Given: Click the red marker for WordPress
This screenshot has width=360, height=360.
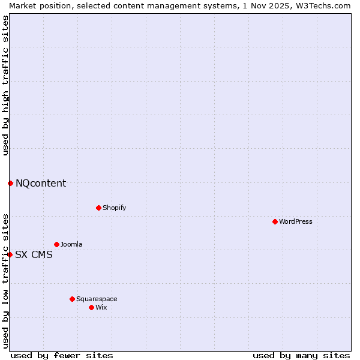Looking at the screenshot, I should (275, 221).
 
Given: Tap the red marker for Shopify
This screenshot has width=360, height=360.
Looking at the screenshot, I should (98, 208).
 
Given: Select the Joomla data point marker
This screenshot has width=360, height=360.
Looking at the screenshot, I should (56, 244).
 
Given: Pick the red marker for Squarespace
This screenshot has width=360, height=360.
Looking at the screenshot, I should (72, 299).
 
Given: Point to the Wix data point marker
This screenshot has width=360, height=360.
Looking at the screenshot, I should (91, 307).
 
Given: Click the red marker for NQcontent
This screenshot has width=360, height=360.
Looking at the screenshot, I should (10, 183).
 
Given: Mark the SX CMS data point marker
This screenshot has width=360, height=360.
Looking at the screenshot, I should (10, 254).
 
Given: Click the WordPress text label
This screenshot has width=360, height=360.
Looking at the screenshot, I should (296, 221).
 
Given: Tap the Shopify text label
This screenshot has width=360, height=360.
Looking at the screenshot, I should (115, 208).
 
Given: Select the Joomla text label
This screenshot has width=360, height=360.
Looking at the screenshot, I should (71, 244).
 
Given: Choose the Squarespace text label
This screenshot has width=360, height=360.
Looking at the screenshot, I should (97, 299).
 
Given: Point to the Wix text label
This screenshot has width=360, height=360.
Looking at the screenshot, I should (101, 307).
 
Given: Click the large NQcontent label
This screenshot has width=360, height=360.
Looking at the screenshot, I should (41, 183).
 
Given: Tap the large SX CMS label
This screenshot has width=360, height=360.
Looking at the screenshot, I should (34, 254).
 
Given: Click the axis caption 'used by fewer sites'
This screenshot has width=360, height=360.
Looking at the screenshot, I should (62, 355).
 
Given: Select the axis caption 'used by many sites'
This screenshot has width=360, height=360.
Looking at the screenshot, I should (301, 355).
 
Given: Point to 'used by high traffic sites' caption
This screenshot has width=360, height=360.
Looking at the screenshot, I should (5, 85).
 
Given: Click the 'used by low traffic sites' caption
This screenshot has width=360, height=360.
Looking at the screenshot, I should (5, 281).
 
